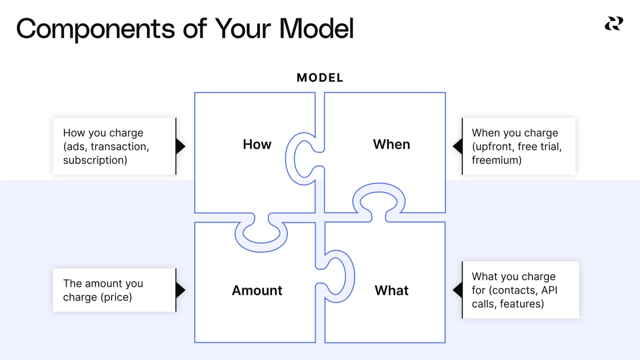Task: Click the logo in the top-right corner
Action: (613, 24)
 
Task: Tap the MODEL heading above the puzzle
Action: (320, 78)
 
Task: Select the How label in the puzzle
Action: (257, 145)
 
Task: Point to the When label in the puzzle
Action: (391, 145)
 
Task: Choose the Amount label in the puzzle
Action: (257, 291)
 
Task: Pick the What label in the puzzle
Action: (391, 291)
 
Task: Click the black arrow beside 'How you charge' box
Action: (180, 146)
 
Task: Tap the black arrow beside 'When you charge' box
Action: (457, 146)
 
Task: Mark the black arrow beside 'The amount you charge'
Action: (180, 290)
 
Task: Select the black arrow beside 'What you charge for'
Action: (457, 290)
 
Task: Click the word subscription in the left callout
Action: (95, 160)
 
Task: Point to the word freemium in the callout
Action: (497, 160)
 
